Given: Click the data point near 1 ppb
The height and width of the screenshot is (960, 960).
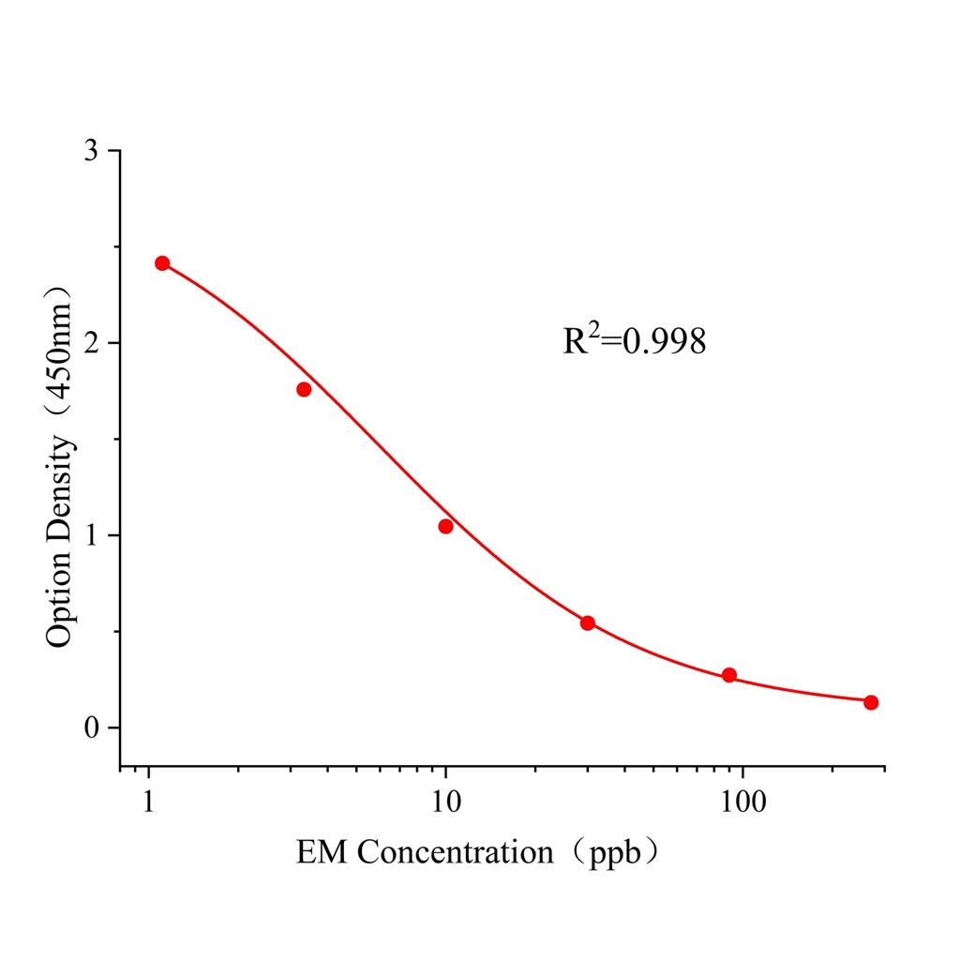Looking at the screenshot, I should tap(162, 263).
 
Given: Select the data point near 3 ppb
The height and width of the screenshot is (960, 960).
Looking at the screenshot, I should tap(304, 389).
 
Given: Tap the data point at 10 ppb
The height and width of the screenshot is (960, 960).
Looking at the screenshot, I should tap(445, 526).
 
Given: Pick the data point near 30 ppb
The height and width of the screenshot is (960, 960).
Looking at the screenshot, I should tap(588, 622).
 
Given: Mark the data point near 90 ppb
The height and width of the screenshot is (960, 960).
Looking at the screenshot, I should tap(729, 675).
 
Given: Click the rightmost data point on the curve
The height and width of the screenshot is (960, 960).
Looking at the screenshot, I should tap(871, 702).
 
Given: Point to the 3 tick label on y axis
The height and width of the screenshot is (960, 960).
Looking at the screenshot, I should tap(91, 152).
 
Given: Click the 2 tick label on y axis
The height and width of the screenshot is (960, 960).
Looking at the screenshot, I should tap(91, 344).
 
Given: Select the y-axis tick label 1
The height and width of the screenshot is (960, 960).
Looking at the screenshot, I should tap(91, 536).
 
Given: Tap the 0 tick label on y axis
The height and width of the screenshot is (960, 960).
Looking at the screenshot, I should tap(91, 728).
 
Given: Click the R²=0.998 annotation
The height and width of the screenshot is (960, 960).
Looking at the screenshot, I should tap(634, 341).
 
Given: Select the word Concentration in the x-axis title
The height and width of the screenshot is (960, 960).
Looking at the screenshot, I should tap(456, 852).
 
